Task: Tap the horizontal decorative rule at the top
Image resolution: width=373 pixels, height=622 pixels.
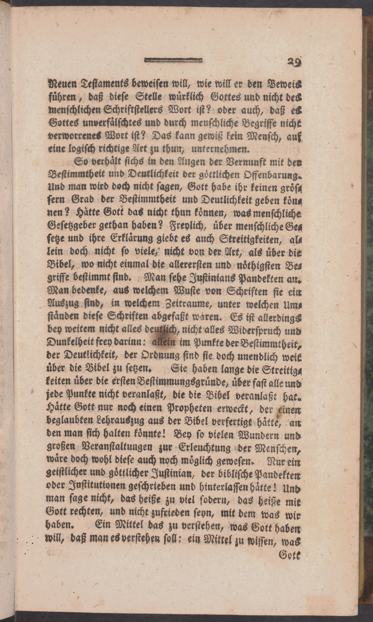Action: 174,60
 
